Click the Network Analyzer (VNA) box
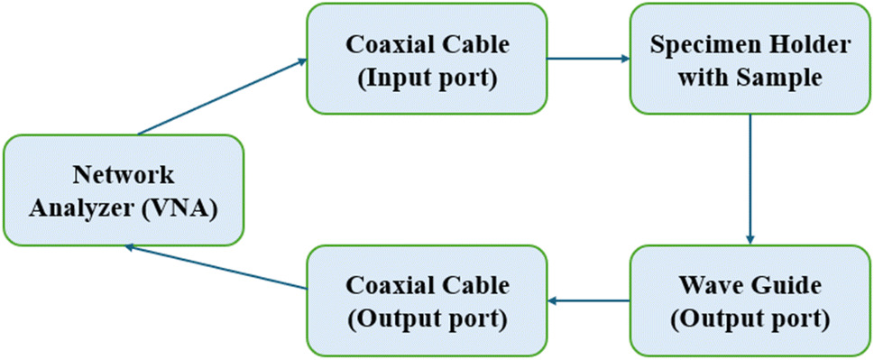point(124,190)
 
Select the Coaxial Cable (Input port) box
point(427,59)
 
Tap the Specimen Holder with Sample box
point(750,59)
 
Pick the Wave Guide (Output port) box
point(750,301)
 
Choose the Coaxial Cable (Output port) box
point(427,301)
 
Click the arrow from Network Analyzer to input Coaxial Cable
point(223,97)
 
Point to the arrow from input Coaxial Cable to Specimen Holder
point(589,58)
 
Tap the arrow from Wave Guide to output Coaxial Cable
point(589,301)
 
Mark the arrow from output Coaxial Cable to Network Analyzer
point(216,267)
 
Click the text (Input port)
point(428,78)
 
